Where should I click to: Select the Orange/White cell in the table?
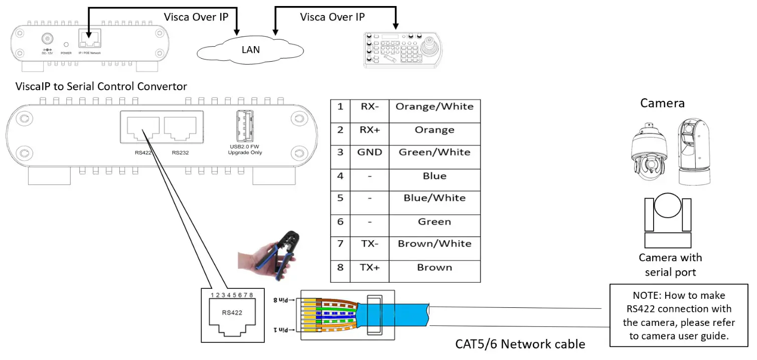click(x=434, y=106)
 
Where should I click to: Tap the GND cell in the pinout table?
click(x=369, y=152)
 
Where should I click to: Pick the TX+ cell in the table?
click(x=369, y=267)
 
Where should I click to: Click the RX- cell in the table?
click(x=369, y=106)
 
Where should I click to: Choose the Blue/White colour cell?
click(x=434, y=198)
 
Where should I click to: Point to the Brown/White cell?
click(x=434, y=244)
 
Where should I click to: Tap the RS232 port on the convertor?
click(x=180, y=129)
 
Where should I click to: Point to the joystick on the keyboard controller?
click(x=430, y=47)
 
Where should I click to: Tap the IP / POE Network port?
click(x=90, y=39)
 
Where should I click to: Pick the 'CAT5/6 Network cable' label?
click(x=520, y=344)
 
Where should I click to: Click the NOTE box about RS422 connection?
click(x=679, y=316)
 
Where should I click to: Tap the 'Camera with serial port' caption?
click(x=670, y=265)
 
